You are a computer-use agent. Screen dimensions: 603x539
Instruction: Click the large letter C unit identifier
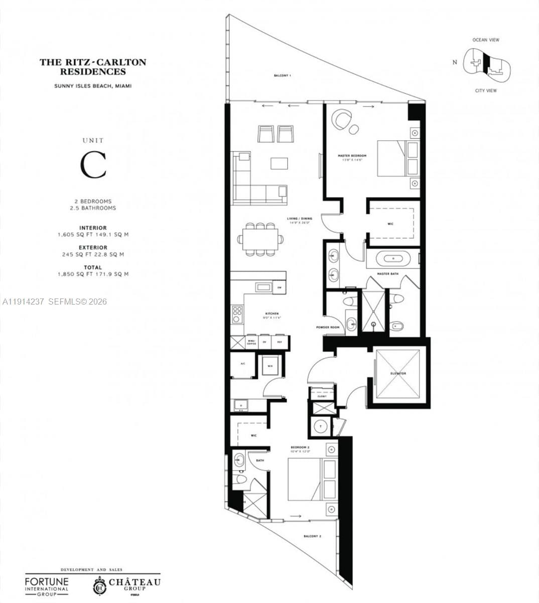pyautogui.click(x=94, y=165)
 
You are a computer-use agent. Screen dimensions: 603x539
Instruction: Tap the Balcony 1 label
pyautogui.click(x=282, y=75)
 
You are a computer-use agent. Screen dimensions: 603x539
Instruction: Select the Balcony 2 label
pyautogui.click(x=312, y=536)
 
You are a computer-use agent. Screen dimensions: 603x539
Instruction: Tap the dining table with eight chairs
pyautogui.click(x=260, y=239)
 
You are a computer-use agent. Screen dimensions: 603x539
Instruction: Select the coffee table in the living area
pyautogui.click(x=280, y=163)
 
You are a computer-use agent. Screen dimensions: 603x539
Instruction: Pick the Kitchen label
pyautogui.click(x=272, y=314)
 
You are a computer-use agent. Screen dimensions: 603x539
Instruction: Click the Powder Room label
pyautogui.click(x=328, y=327)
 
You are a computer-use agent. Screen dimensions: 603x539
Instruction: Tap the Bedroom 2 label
pyautogui.click(x=300, y=447)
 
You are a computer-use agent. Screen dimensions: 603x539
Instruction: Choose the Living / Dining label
pyautogui.click(x=300, y=219)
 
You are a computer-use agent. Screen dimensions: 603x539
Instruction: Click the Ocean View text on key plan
pyautogui.click(x=486, y=40)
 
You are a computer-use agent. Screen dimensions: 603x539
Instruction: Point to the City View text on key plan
pyautogui.click(x=486, y=90)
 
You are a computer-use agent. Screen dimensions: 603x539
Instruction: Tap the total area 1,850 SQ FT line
pyautogui.click(x=93, y=274)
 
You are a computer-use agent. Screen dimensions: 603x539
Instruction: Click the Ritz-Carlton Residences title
pyautogui.click(x=93, y=67)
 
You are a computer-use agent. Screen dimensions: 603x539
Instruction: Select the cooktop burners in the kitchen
pyautogui.click(x=237, y=314)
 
